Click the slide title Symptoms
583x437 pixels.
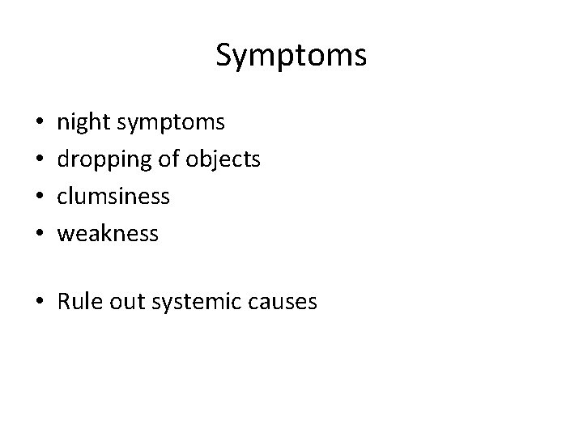pos(291,56)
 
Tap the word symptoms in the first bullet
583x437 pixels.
pos(172,124)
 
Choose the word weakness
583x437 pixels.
pos(107,234)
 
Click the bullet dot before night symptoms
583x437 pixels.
pos(40,124)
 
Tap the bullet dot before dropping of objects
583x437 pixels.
pos(40,160)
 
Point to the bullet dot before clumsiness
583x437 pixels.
pos(40,197)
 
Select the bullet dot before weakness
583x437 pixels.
pos(40,235)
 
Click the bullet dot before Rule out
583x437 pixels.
pos(41,303)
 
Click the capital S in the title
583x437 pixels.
pos(224,55)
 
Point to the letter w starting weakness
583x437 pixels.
pos(64,235)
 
